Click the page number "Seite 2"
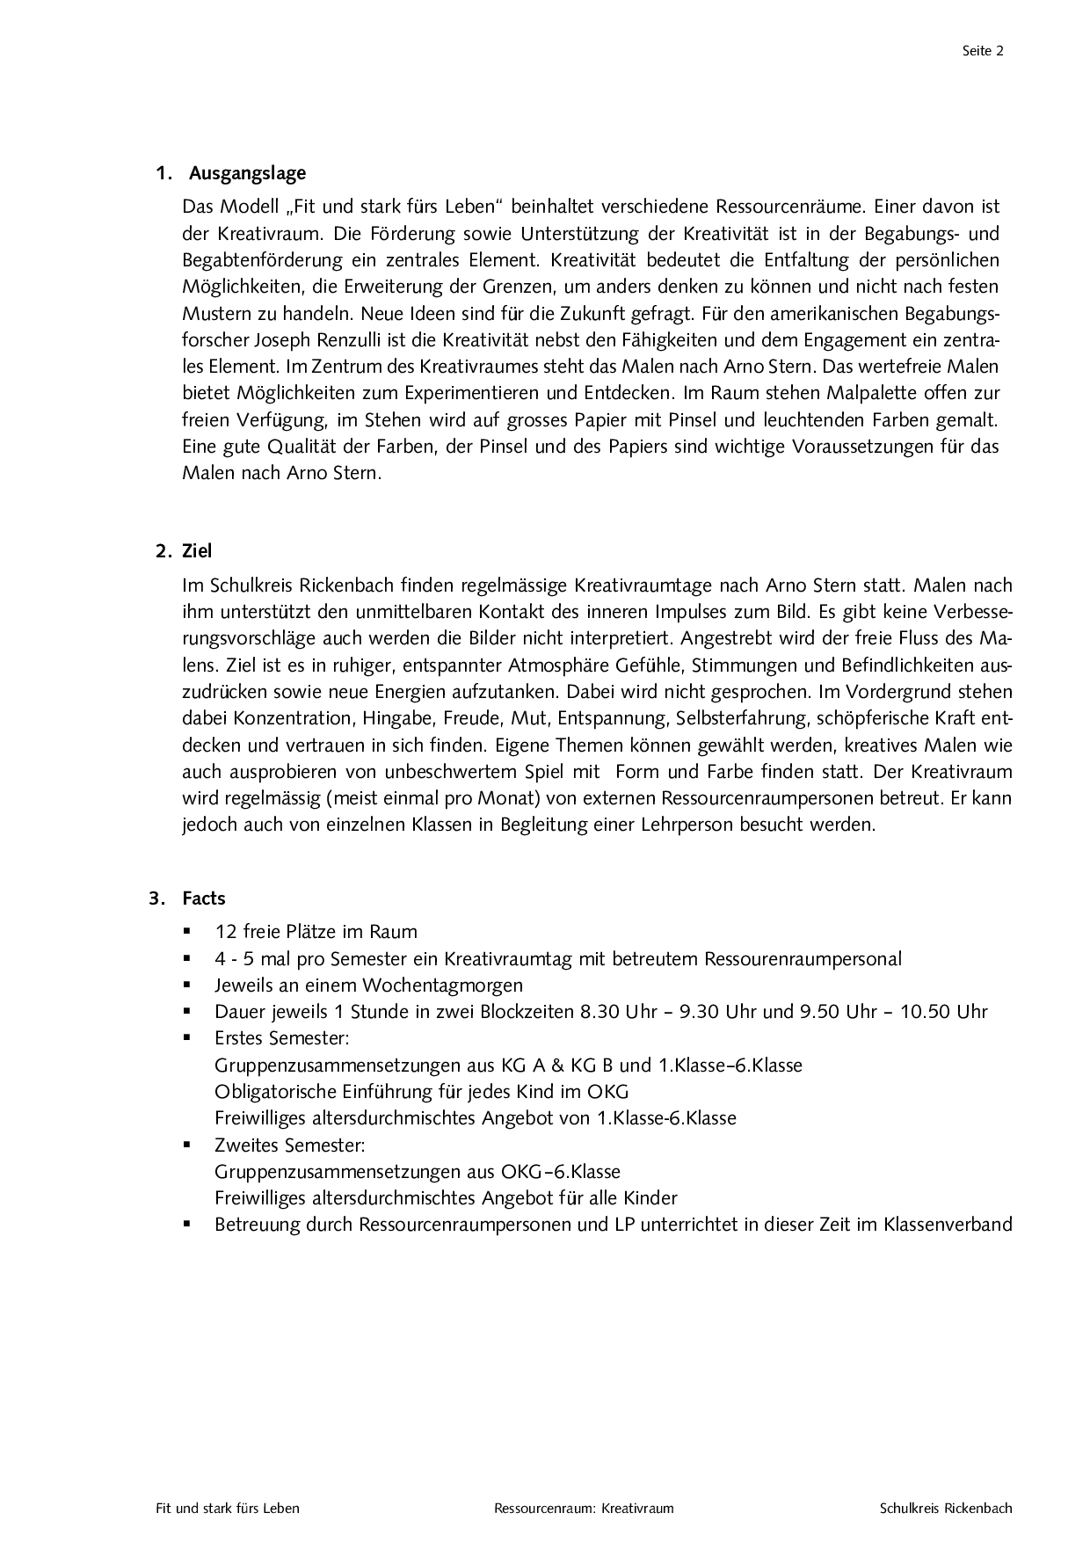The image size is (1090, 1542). tap(983, 51)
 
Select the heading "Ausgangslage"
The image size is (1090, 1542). tap(247, 173)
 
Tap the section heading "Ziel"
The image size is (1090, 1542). tap(197, 551)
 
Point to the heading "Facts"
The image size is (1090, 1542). tap(204, 898)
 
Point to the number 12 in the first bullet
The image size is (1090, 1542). tap(226, 932)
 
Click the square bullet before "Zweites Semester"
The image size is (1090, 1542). tap(187, 1145)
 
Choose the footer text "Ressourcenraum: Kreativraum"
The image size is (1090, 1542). tap(584, 1509)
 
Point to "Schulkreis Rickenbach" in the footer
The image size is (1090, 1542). tap(946, 1509)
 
